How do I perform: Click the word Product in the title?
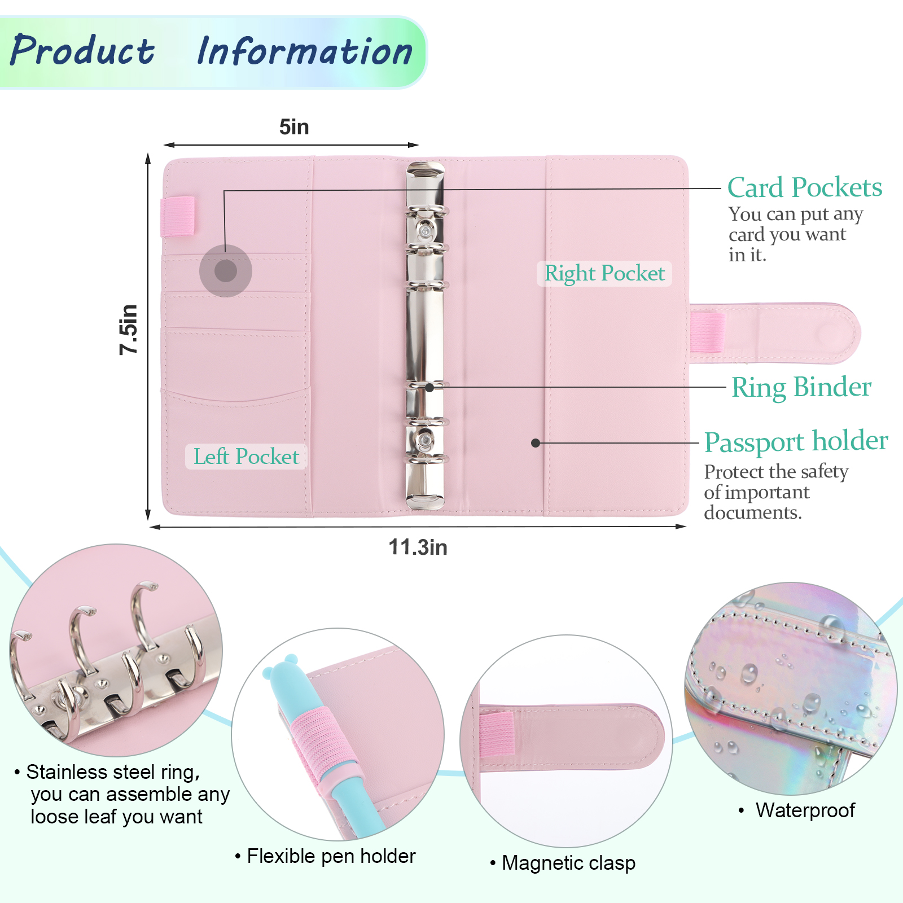pyautogui.click(x=82, y=51)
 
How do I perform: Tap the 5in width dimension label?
pyautogui.click(x=294, y=127)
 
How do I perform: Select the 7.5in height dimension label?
pyautogui.click(x=129, y=330)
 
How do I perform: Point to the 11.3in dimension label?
pyautogui.click(x=418, y=547)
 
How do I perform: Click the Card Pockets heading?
pyautogui.click(x=804, y=187)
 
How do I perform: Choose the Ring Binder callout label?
pyautogui.click(x=801, y=387)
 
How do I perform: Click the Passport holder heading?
pyautogui.click(x=796, y=441)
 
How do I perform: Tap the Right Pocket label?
pyautogui.click(x=604, y=274)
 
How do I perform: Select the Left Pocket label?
pyautogui.click(x=246, y=457)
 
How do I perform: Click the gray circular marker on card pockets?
pyautogui.click(x=226, y=271)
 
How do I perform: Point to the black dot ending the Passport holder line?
pyautogui.click(x=536, y=443)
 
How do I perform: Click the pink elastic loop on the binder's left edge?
pyautogui.click(x=178, y=216)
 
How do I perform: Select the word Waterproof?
pyautogui.click(x=805, y=810)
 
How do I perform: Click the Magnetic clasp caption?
pyautogui.click(x=568, y=863)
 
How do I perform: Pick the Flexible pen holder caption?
pyautogui.click(x=331, y=856)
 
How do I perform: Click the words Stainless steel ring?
pyautogui.click(x=113, y=772)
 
